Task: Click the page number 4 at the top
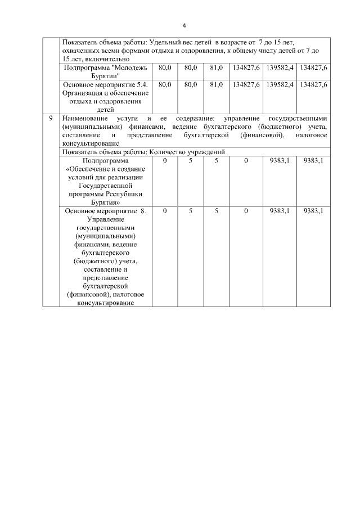tap(184, 25)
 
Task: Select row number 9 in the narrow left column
tap(51, 119)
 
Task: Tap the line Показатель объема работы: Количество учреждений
tap(144, 151)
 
